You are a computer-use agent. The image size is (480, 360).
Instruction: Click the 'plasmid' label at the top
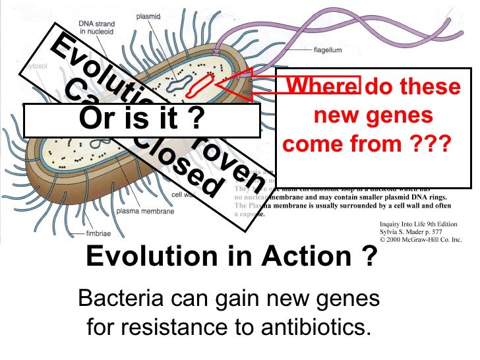149,15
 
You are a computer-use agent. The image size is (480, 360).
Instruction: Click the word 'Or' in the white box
96,120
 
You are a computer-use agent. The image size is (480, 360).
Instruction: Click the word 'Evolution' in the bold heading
152,256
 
